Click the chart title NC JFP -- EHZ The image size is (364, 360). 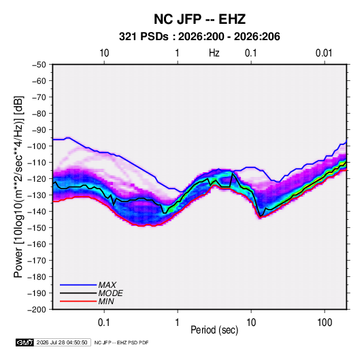click(199, 19)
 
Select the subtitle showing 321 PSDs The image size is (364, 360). click(199, 37)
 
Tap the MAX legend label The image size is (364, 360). click(107, 284)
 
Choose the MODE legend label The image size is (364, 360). click(110, 293)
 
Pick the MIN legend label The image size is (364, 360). click(106, 301)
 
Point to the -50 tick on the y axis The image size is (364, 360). click(39, 65)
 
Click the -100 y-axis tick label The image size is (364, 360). click(37, 146)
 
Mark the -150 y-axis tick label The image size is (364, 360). click(37, 228)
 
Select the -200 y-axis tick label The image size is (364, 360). click(37, 310)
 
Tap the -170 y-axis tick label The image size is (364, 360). click(37, 261)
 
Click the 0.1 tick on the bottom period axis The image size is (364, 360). click(104, 323)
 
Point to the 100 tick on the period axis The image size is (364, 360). click(325, 323)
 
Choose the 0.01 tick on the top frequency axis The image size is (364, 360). click(324, 53)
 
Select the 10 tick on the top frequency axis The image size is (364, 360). click(104, 53)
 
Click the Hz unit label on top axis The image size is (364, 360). click(214, 53)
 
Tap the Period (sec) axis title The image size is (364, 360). click(214, 330)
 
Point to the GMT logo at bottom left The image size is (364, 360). click(25, 342)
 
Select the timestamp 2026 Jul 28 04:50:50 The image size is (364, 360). click(62, 342)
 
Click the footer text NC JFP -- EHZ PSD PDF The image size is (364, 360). click(121, 342)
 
